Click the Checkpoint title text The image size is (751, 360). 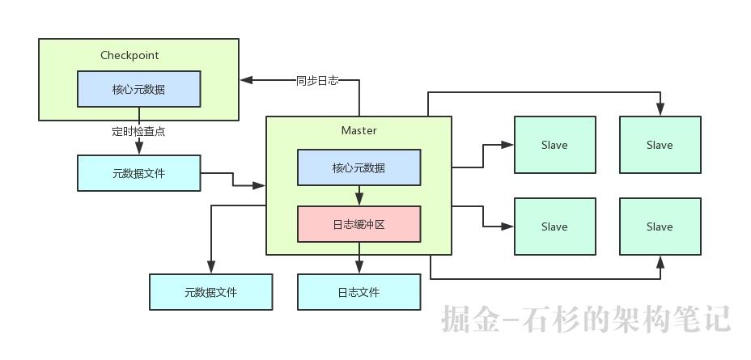pyautogui.click(x=129, y=56)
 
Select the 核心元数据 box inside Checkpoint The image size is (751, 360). pyautogui.click(x=138, y=89)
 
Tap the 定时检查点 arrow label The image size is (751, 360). pyautogui.click(x=138, y=130)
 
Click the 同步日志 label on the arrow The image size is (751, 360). pyautogui.click(x=317, y=80)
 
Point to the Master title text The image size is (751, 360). pyautogui.click(x=359, y=130)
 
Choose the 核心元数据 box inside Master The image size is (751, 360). pyautogui.click(x=359, y=167)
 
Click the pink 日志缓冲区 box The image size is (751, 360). pyautogui.click(x=359, y=224)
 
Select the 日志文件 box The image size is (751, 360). pyautogui.click(x=359, y=292)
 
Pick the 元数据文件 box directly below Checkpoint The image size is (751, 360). pyautogui.click(x=138, y=173)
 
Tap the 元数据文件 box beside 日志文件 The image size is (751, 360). pyautogui.click(x=210, y=292)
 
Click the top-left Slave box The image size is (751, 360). pyautogui.click(x=554, y=145)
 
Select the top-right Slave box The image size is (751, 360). pyautogui.click(x=660, y=145)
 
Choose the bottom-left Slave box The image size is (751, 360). pyautogui.click(x=554, y=227)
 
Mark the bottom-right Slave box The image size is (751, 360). pyautogui.click(x=660, y=227)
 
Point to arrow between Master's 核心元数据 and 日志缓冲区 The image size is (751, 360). pyautogui.click(x=359, y=197)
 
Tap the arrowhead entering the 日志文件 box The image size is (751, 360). pyautogui.click(x=359, y=268)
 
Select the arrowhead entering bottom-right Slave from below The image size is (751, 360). pyautogui.click(x=660, y=261)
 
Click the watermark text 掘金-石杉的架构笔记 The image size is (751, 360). pyautogui.click(x=586, y=319)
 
